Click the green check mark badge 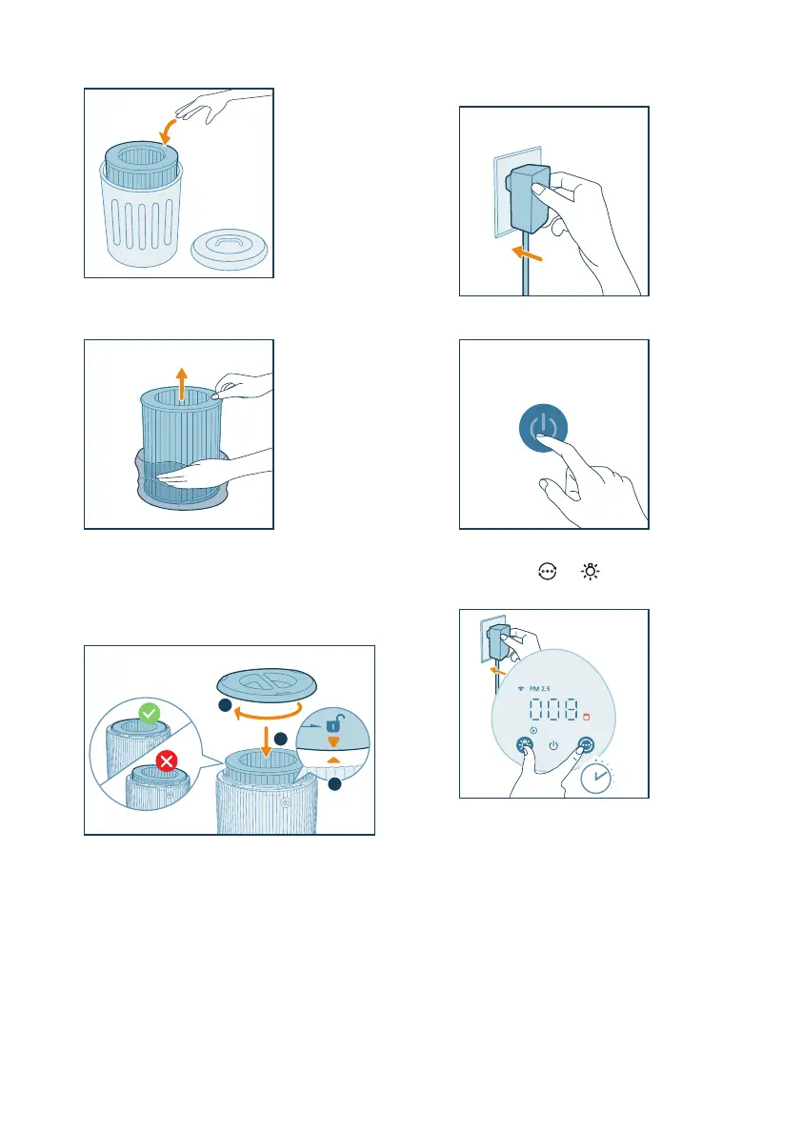149,714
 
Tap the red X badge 167,760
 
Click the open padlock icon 333,722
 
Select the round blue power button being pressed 543,428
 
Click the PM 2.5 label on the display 539,688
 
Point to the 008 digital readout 554,709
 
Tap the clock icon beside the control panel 596,777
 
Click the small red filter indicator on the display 587,717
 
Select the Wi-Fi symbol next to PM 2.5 521,688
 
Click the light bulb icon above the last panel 591,572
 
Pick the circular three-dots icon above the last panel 548,572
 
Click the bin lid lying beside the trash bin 230,249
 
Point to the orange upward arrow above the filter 182,384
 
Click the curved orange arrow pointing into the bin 168,132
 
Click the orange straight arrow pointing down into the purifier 266,741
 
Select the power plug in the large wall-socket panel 528,198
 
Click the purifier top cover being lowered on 267,684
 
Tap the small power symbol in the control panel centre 553,745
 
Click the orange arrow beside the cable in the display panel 497,671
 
